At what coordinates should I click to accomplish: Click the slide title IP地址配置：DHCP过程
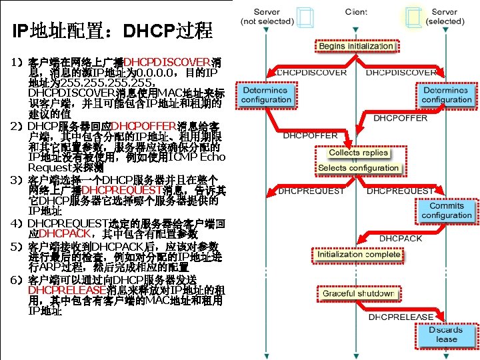point(112,30)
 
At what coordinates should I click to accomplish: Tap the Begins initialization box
point(356,47)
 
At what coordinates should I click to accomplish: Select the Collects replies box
point(358,153)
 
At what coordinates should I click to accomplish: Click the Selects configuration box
point(358,168)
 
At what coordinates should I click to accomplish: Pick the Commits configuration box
point(447,211)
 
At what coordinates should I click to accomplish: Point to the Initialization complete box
point(359,255)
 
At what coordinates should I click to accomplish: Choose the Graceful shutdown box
point(359,294)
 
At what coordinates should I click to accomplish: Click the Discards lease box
point(446,335)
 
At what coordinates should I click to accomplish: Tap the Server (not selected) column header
point(267,17)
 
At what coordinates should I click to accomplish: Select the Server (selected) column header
point(445,17)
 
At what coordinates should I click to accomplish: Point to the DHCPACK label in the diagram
point(401,238)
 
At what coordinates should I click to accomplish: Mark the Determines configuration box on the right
point(447,95)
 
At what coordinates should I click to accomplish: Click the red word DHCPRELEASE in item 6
point(66,291)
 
